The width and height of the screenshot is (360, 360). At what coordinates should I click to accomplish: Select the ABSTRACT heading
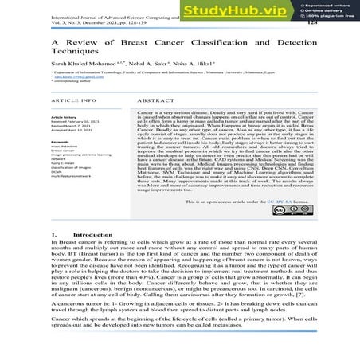(x=155, y=104)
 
